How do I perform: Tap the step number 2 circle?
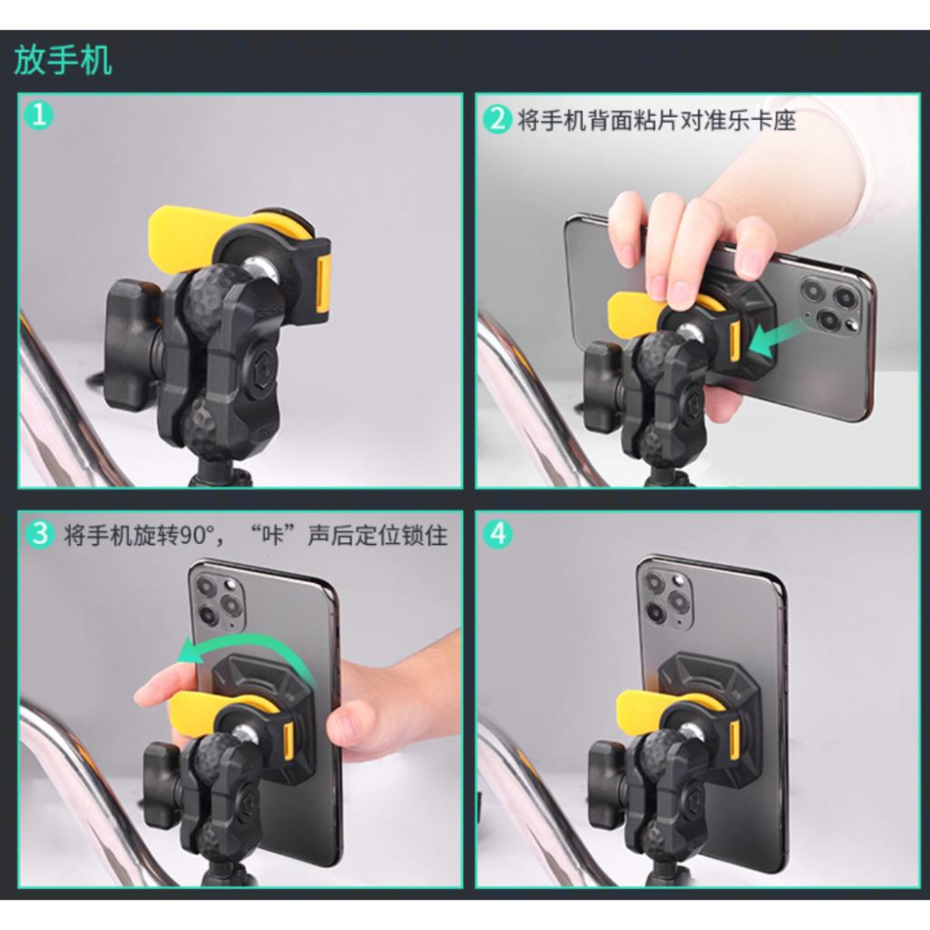coord(499,120)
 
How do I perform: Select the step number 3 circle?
coord(39,535)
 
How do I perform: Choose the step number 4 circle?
coord(499,535)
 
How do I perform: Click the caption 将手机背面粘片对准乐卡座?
coord(657,120)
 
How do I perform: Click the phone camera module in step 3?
coord(215,599)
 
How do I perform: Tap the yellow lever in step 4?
coord(642,710)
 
